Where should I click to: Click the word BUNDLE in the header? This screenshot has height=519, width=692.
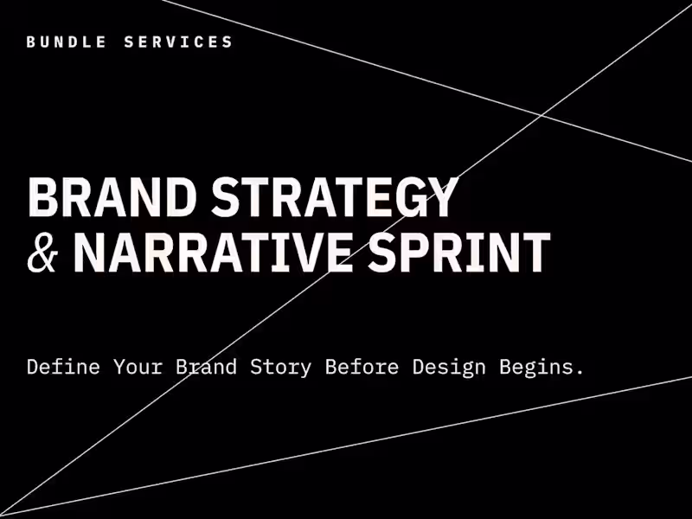coord(67,42)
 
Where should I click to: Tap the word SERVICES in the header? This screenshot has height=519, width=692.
coord(179,42)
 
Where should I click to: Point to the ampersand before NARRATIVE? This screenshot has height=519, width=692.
coord(43,252)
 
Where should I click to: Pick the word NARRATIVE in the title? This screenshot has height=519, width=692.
coord(213,252)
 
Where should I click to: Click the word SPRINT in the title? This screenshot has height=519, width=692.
coord(459,252)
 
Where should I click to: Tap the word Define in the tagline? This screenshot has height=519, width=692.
coord(62,367)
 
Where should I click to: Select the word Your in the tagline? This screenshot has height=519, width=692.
coord(136,367)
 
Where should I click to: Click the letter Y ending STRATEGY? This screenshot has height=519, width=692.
coord(441,198)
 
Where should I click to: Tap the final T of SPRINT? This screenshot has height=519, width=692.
coord(536,252)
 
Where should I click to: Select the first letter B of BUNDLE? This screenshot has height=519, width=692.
coord(31,42)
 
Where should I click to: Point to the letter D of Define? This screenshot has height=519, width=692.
coord(33,367)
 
